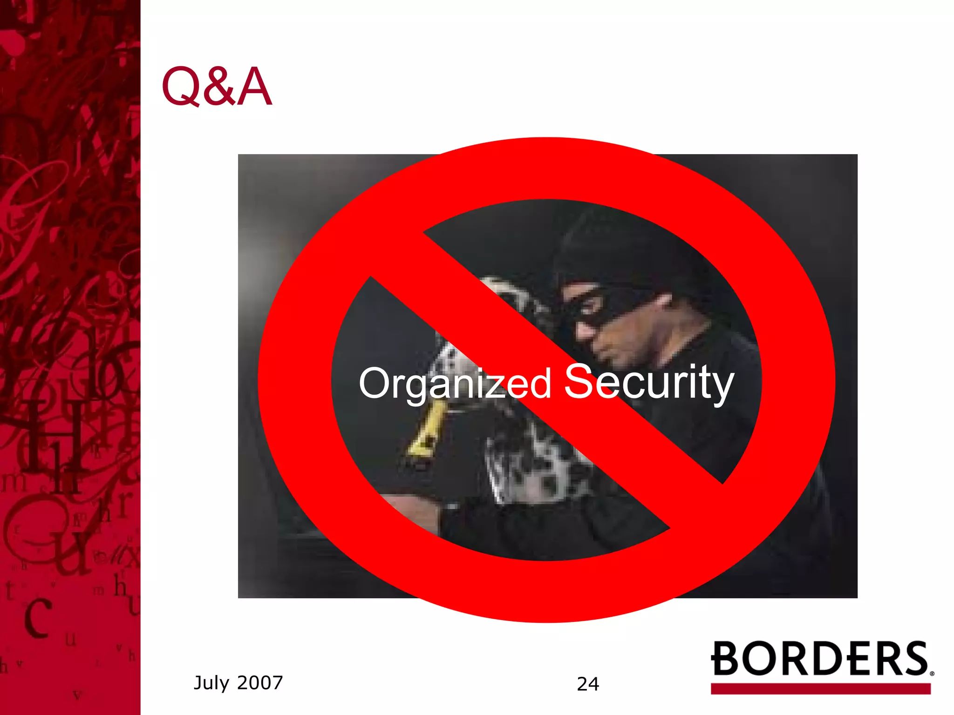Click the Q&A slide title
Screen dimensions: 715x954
tap(217, 87)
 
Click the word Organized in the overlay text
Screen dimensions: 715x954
tap(455, 384)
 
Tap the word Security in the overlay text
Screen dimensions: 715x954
tap(649, 383)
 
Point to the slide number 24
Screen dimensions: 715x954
tap(588, 684)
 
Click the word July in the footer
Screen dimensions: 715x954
tap(211, 683)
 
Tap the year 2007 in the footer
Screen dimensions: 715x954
tap(260, 683)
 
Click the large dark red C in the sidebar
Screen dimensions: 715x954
tap(37, 618)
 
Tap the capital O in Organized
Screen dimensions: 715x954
tap(374, 383)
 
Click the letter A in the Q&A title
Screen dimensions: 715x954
tap(254, 87)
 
